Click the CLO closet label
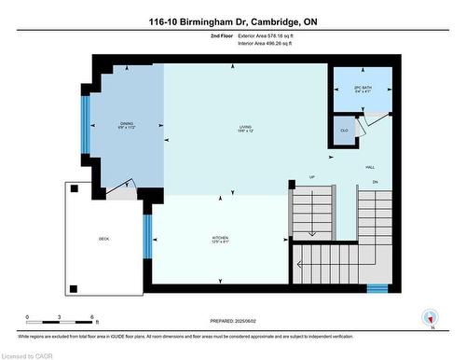(x=344, y=131)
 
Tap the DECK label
(x=104, y=239)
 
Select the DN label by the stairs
(x=375, y=181)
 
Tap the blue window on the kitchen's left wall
(x=146, y=236)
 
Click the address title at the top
(x=232, y=21)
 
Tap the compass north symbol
(x=431, y=317)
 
